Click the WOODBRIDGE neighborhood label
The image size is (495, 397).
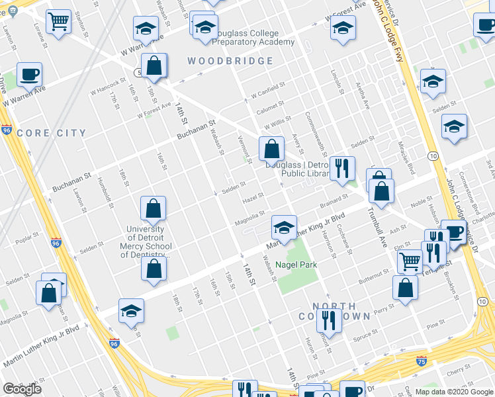pos(230,61)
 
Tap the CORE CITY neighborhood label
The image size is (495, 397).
pos(52,133)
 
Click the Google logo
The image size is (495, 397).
pos(22,389)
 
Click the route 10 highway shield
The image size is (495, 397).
pos(431,155)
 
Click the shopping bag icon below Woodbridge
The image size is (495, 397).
pos(154,66)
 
